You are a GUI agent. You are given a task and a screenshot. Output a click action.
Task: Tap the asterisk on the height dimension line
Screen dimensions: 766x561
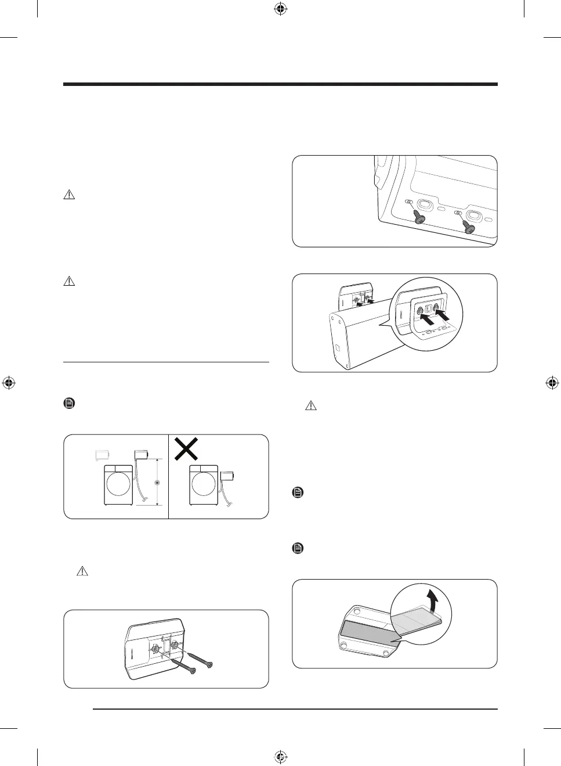coord(155,483)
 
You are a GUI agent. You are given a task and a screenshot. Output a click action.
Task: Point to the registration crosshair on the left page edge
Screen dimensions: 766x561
coord(9,383)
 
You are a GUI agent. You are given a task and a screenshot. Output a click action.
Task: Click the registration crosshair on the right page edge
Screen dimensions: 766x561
coord(552,383)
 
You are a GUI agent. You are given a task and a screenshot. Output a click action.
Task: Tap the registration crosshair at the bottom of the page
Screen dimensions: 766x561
coord(280,756)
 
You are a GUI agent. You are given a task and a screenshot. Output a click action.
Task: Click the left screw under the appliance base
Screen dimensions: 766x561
coord(419,218)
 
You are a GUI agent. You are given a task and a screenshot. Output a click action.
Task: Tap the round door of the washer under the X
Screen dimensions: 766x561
coord(202,483)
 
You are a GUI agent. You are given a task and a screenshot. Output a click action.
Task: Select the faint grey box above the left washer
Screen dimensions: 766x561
coord(103,455)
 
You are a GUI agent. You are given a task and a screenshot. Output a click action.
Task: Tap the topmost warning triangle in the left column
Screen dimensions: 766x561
coord(69,195)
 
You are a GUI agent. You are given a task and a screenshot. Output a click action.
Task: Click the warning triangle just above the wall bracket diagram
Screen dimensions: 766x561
coord(82,571)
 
